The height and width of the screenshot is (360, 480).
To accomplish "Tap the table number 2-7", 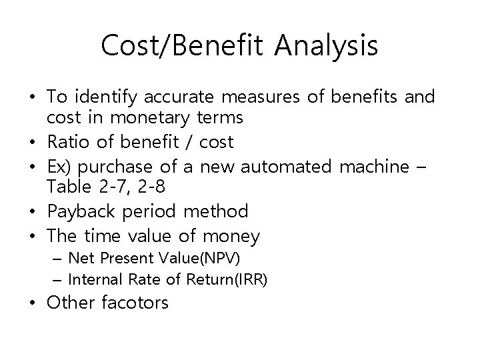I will tap(107, 188).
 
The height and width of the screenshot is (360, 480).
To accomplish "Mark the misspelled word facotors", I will tap(136, 303).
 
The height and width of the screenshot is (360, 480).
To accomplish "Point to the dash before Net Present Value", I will tap(59, 258).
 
